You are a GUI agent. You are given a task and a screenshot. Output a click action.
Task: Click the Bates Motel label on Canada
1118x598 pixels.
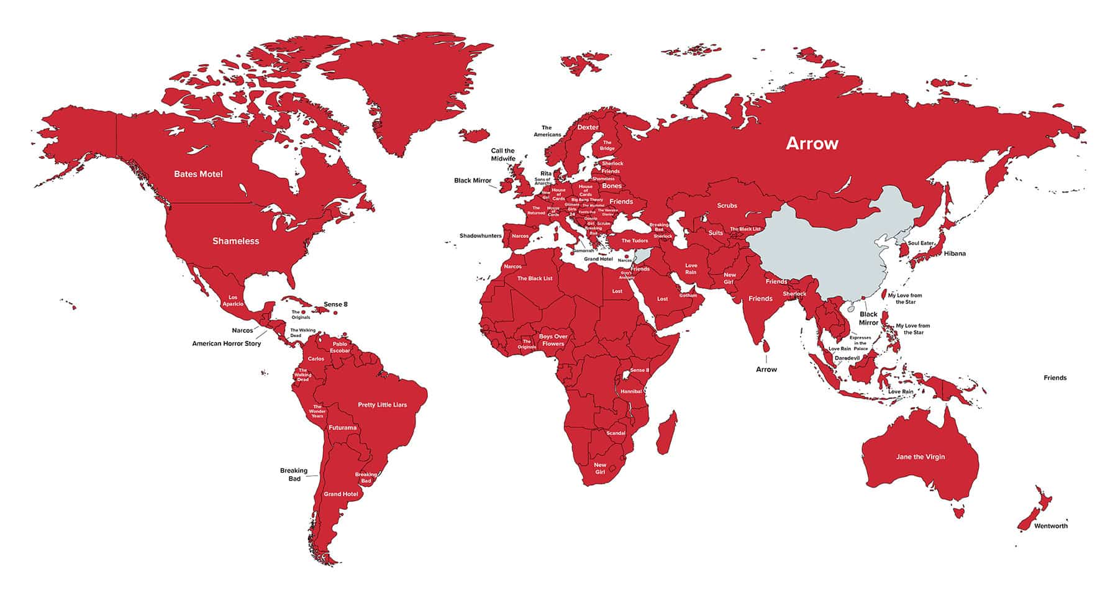pos(198,174)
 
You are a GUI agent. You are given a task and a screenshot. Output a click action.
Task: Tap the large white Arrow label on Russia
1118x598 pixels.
pos(812,143)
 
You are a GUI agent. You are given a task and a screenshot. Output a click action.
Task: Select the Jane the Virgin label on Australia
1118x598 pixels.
pos(920,457)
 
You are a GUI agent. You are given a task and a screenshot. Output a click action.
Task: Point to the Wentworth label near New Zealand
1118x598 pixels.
pos(1050,526)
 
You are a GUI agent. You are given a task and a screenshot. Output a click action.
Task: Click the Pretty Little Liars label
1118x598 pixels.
pos(382,405)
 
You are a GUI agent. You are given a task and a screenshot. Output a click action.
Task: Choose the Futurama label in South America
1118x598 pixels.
pos(342,428)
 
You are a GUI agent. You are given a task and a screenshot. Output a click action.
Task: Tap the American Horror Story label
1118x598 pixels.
pos(227,343)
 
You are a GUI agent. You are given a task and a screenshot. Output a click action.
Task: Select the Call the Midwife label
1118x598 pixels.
pos(503,155)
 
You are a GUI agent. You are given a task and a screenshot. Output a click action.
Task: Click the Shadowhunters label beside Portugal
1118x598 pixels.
pos(480,236)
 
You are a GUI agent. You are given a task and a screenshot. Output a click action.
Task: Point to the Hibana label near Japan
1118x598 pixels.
pos(955,253)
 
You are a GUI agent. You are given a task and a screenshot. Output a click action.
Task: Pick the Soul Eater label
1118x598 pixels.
pos(920,243)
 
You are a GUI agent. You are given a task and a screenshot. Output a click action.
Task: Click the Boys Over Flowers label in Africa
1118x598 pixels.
pos(553,340)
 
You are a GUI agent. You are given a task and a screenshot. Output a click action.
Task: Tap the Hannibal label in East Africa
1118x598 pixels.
pos(631,391)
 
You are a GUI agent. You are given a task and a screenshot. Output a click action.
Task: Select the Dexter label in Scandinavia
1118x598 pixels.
pos(588,127)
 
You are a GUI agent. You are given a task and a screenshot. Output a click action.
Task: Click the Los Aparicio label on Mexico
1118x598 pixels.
pos(233,301)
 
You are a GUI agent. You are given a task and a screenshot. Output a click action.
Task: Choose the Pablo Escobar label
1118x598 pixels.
pos(340,347)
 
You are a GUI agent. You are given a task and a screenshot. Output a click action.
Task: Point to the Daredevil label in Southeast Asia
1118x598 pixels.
pos(847,358)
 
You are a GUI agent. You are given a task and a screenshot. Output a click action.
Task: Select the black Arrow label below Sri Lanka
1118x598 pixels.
pos(766,369)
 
